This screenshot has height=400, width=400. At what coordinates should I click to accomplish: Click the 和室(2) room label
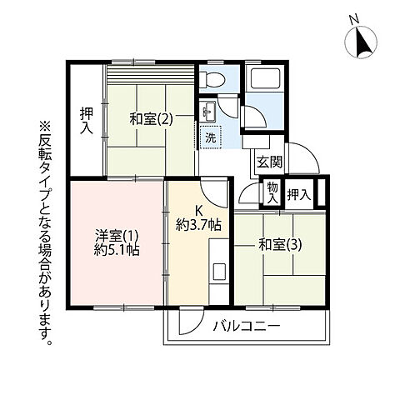(151, 118)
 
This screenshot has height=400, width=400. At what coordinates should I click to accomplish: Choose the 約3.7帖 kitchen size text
(198, 224)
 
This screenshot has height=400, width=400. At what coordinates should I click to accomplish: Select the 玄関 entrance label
(268, 162)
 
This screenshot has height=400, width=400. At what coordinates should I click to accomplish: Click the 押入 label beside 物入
(299, 195)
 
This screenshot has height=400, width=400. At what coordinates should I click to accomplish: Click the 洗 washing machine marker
(211, 137)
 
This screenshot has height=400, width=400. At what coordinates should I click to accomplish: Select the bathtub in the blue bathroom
(269, 82)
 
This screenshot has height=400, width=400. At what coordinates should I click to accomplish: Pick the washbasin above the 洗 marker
(208, 111)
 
